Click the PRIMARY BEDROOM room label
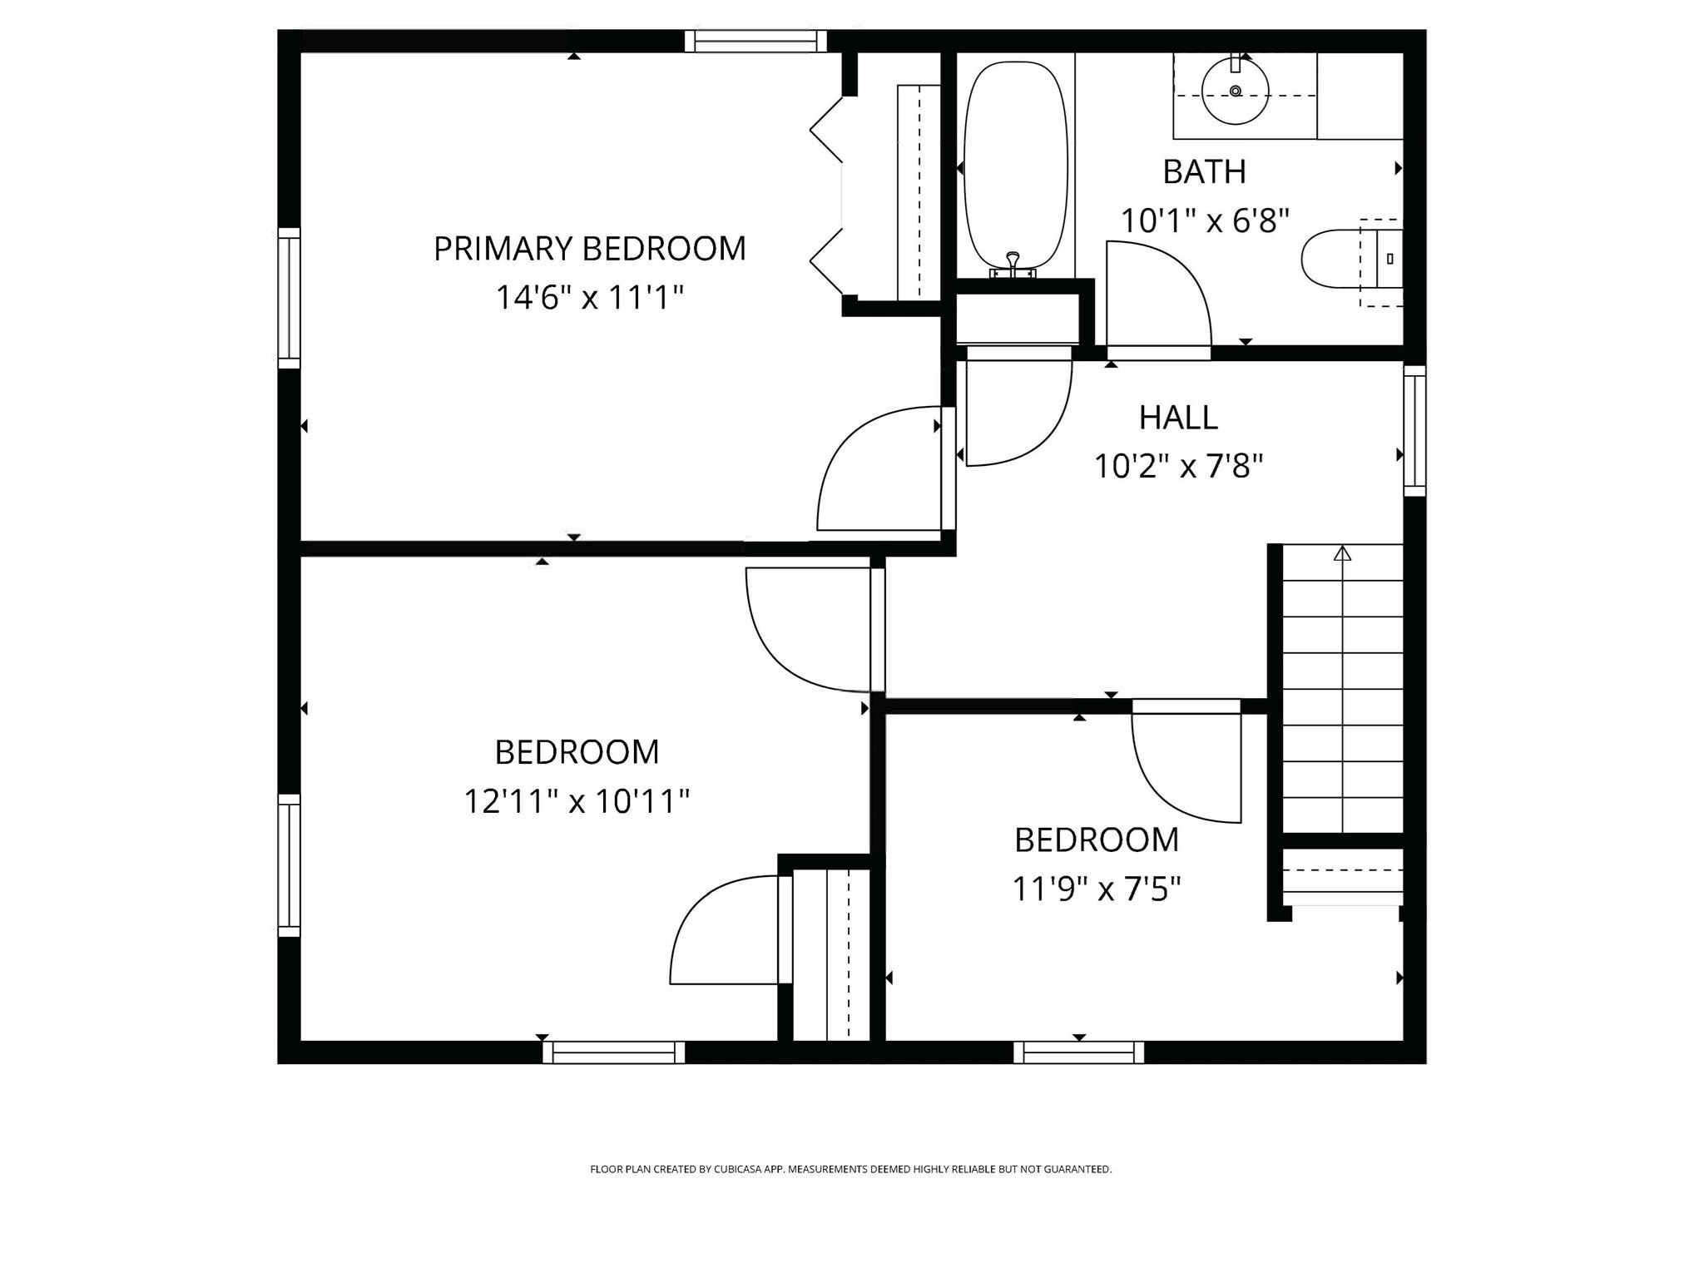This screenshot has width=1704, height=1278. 589,249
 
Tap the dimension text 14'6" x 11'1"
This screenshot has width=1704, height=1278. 589,297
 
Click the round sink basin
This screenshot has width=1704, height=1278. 1235,90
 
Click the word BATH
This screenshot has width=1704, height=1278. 1204,172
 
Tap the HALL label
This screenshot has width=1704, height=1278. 1177,418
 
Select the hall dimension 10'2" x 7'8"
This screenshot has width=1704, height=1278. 1177,466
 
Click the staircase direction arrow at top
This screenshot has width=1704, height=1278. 1342,553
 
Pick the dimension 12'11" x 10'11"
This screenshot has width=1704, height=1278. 576,801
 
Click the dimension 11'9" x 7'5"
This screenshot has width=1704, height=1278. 1096,889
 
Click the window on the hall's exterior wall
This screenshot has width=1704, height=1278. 1414,430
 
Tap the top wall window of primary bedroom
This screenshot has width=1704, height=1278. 755,41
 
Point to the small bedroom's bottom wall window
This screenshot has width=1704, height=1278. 1078,1053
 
